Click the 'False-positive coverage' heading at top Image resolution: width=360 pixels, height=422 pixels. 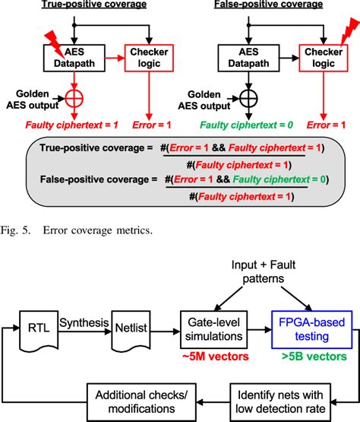tap(257, 7)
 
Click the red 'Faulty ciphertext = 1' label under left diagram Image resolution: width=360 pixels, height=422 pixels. tap(61, 125)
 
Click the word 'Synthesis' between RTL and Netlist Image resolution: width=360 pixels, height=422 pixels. tap(84, 322)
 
